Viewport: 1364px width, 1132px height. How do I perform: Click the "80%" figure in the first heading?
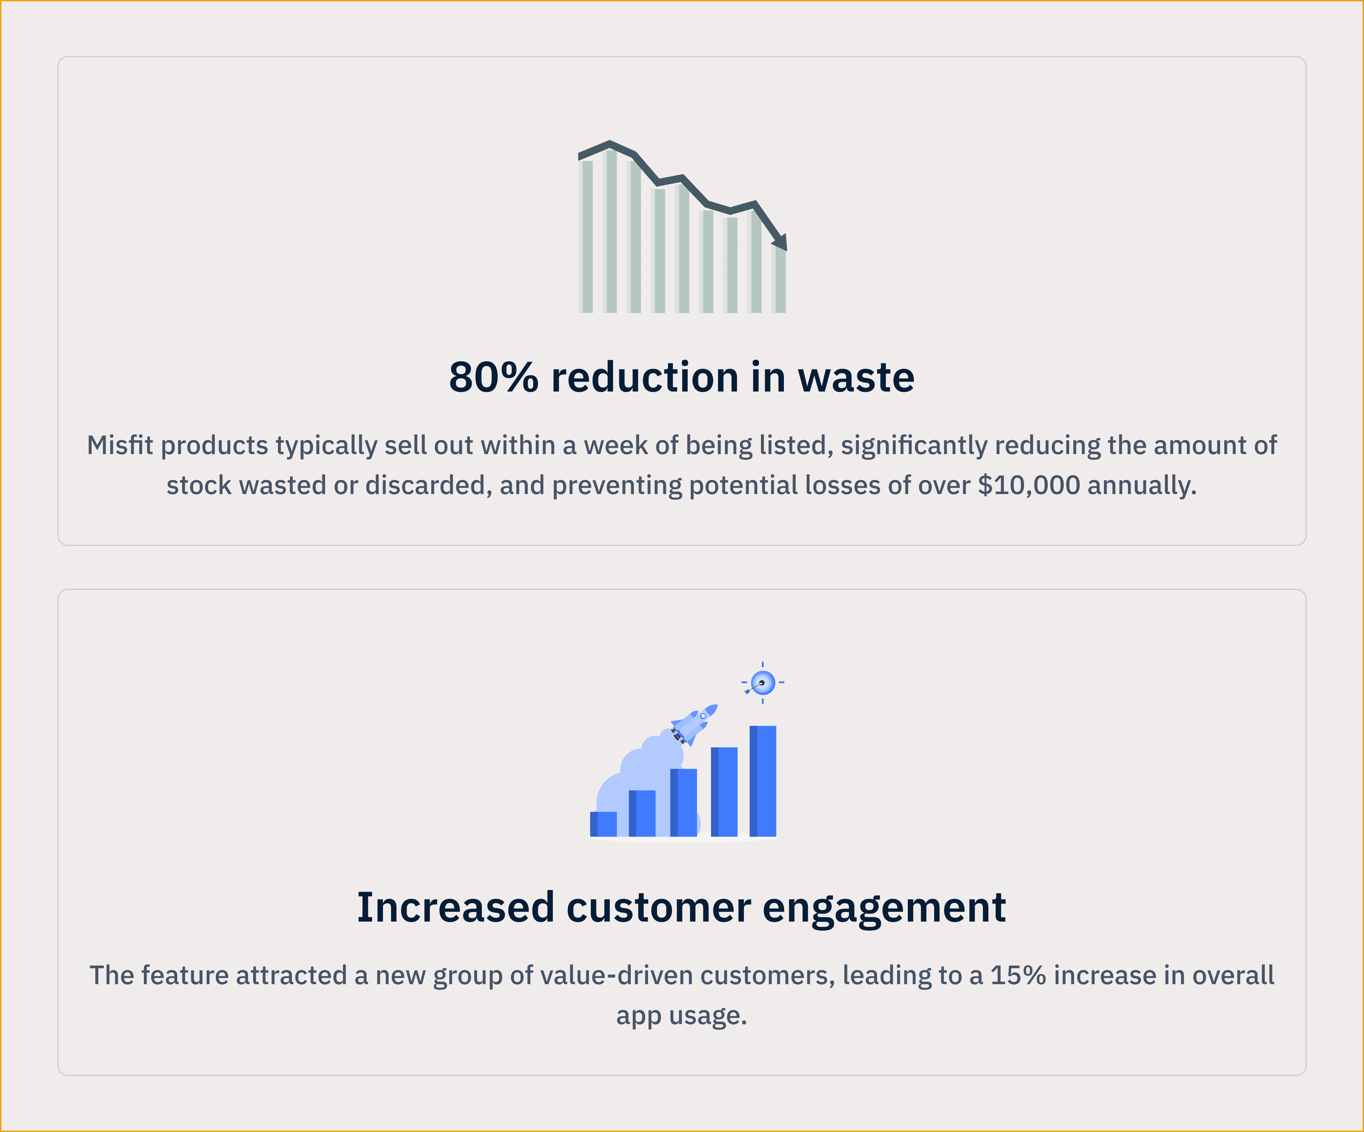(x=494, y=377)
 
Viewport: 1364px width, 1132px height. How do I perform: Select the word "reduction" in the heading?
(x=644, y=377)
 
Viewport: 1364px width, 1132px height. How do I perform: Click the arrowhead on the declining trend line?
(x=780, y=242)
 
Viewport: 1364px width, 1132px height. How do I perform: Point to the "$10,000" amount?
(x=1029, y=485)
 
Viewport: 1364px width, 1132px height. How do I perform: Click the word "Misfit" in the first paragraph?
(x=120, y=445)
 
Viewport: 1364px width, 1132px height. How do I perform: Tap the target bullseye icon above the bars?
(x=763, y=683)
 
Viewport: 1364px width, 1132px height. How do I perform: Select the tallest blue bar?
(x=763, y=781)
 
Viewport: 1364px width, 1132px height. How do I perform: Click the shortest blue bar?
(x=603, y=824)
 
